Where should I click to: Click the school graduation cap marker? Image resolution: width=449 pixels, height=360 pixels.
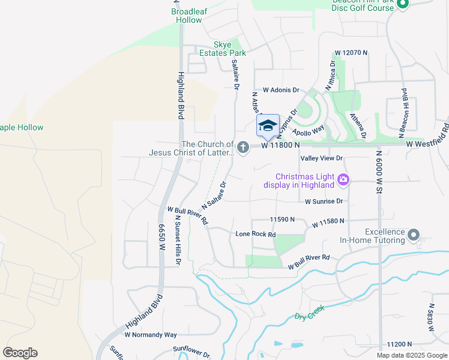click(268, 125)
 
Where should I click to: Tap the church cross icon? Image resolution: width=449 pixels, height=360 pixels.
click(243, 147)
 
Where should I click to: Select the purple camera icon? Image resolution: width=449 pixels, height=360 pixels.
click(343, 179)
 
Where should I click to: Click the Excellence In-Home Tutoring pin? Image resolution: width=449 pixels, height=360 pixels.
click(414, 235)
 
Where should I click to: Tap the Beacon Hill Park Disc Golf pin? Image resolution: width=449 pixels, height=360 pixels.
click(402, 5)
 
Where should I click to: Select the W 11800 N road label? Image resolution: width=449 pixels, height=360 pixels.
click(280, 145)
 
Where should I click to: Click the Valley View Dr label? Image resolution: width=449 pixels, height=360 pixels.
click(321, 158)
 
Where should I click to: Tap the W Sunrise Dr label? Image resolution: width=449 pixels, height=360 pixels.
click(324, 202)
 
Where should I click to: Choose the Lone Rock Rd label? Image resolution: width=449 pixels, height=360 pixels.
click(255, 234)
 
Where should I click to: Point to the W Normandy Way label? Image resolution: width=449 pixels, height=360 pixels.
click(154, 334)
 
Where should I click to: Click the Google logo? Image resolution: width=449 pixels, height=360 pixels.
click(20, 352)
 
